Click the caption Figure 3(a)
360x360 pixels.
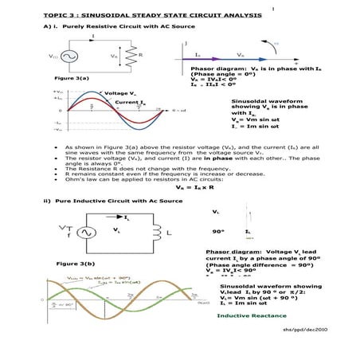(72, 79)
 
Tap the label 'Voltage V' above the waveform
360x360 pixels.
(120, 94)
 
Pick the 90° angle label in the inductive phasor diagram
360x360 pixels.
(217, 231)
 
